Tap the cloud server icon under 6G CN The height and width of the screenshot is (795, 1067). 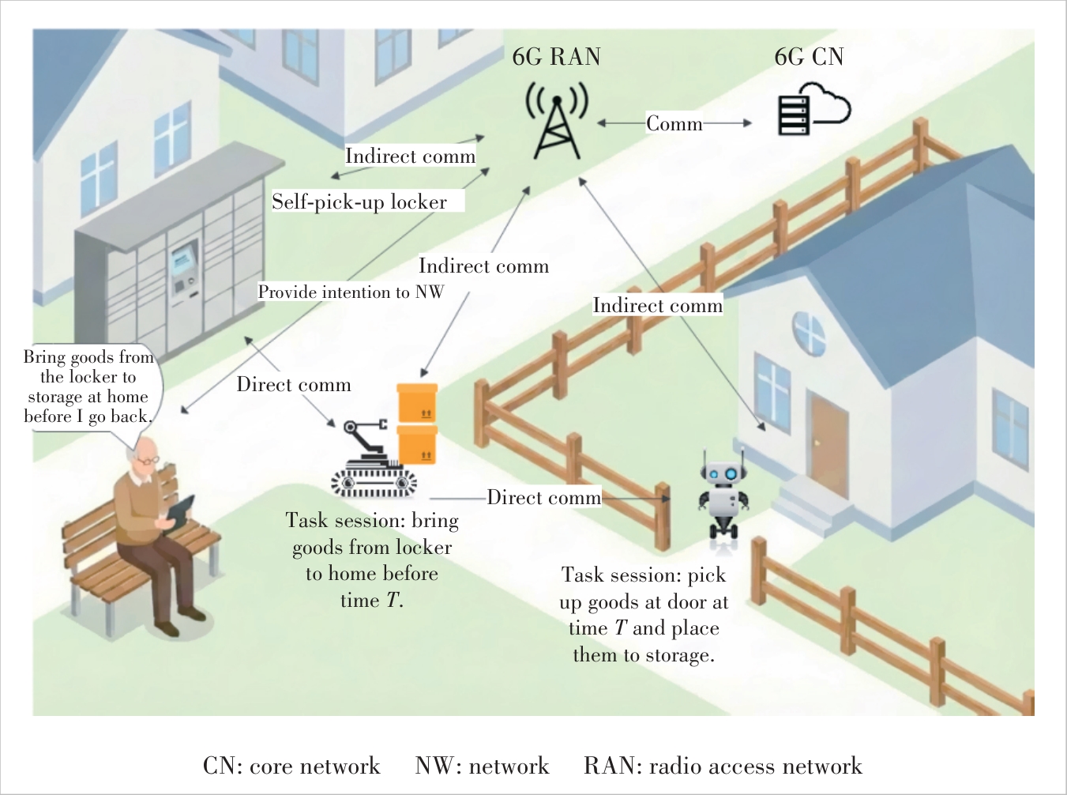(x=814, y=109)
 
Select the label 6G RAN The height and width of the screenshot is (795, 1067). (x=557, y=57)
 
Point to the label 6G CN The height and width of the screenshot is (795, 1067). (x=810, y=57)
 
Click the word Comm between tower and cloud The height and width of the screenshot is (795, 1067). (x=674, y=124)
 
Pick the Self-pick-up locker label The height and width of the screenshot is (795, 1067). (x=359, y=202)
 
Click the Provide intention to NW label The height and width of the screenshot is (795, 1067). (x=351, y=292)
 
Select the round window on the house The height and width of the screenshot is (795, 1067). (x=809, y=333)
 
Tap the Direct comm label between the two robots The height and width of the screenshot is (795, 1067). (x=544, y=497)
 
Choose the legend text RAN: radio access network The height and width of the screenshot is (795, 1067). (x=723, y=766)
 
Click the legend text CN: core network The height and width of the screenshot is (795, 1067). (x=291, y=766)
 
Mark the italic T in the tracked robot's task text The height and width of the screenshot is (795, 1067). (x=392, y=601)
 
